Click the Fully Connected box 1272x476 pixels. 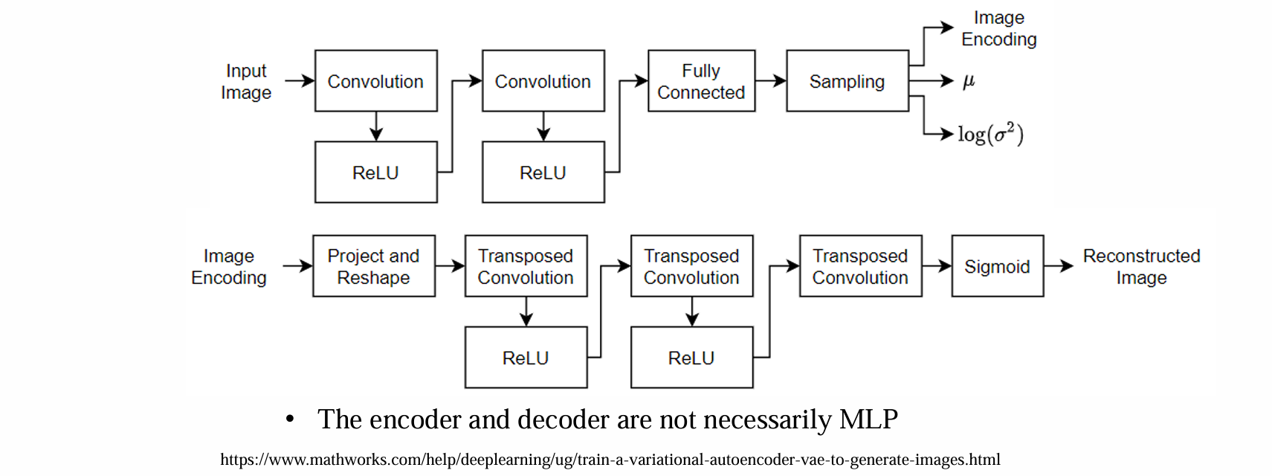point(701,81)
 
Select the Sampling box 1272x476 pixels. point(847,81)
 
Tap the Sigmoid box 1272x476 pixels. point(997,266)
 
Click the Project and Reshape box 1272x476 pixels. point(373,266)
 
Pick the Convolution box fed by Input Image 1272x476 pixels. point(375,81)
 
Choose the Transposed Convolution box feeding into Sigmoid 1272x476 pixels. point(860,266)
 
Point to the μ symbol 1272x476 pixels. point(968,81)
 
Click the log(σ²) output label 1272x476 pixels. point(990,134)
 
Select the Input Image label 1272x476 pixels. point(246,82)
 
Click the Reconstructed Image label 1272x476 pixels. point(1141,266)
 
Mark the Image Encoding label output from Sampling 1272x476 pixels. point(998,28)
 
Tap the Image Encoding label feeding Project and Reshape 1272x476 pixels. point(229,266)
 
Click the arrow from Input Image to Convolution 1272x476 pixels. point(300,81)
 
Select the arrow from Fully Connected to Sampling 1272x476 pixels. point(771,81)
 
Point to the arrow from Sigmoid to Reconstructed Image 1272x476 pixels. point(1058,266)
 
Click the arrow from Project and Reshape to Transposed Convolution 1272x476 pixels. point(450,266)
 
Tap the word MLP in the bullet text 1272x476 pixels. point(868,419)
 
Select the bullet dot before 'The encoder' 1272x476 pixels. point(290,420)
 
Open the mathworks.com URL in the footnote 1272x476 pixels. point(610,460)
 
